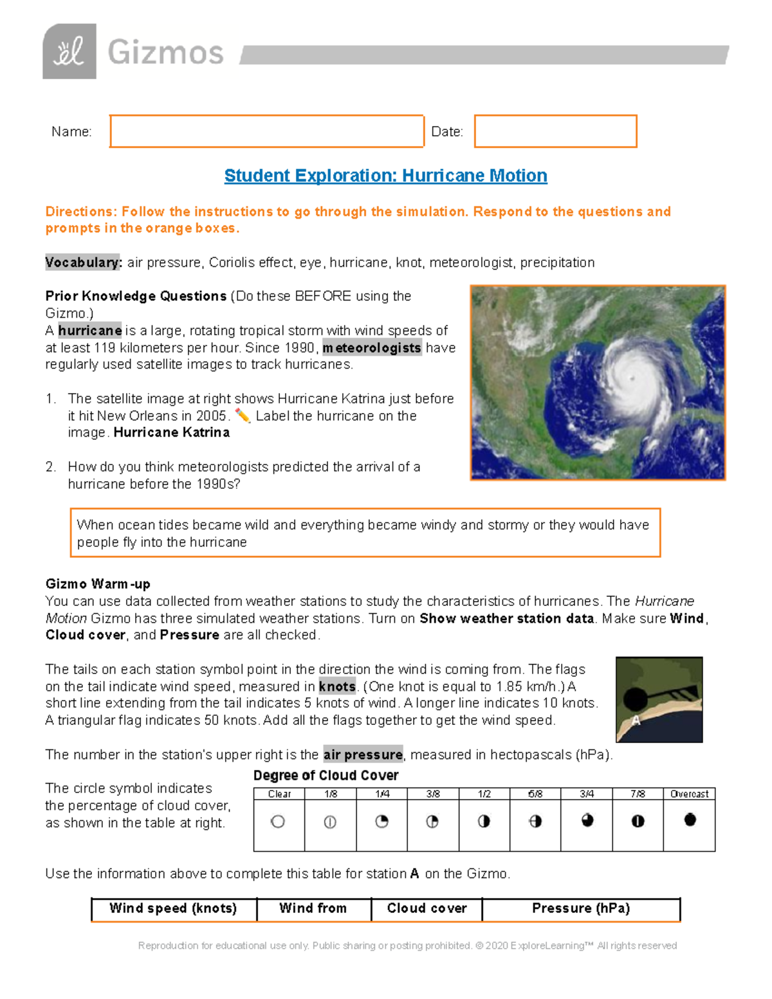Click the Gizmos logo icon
coord(69,51)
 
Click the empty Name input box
coord(266,131)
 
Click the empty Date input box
coord(555,131)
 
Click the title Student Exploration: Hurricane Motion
coord(385,176)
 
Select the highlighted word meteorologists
coord(372,348)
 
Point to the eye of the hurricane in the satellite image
coord(632,378)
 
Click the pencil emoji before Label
coord(243,416)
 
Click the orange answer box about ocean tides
coord(365,533)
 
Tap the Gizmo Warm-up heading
coord(98,584)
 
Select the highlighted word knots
coord(337,686)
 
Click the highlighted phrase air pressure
coord(363,755)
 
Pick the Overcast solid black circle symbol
coord(690,820)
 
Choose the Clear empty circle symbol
coord(278,821)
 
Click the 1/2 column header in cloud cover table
coord(484,794)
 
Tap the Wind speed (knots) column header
coord(173,908)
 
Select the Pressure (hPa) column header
coord(580,908)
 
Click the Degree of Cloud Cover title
coord(326,775)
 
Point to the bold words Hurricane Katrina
coord(171,432)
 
